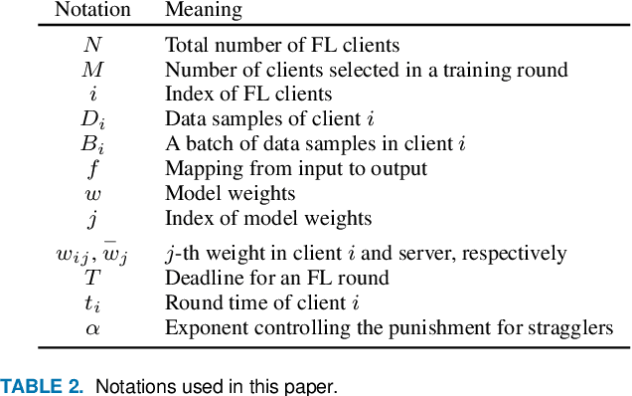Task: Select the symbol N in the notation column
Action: click(x=92, y=45)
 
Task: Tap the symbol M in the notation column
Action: click(x=92, y=70)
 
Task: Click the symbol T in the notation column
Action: click(x=92, y=279)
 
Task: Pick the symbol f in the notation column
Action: click(x=92, y=168)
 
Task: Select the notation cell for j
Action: click(x=92, y=218)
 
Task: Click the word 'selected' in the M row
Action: click(x=361, y=70)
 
